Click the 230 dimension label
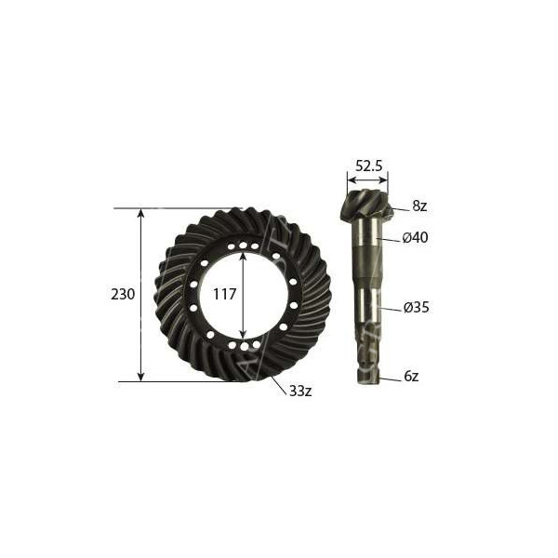click(x=123, y=294)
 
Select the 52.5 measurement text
click(x=367, y=166)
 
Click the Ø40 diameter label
click(x=415, y=238)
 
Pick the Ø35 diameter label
click(x=415, y=307)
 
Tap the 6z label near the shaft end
click(x=411, y=377)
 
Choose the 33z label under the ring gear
click(x=300, y=391)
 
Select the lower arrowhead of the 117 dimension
click(x=243, y=336)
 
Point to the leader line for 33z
click(x=278, y=384)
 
